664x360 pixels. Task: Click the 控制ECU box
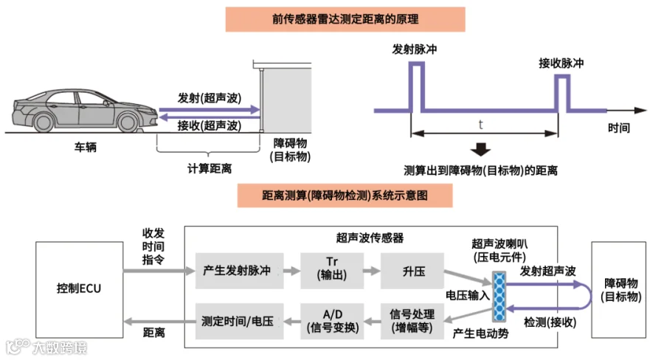pos(78,288)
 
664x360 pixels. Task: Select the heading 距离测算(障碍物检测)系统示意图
pos(345,196)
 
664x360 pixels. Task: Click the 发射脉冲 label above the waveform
pos(416,50)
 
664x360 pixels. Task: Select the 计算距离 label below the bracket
pos(210,168)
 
